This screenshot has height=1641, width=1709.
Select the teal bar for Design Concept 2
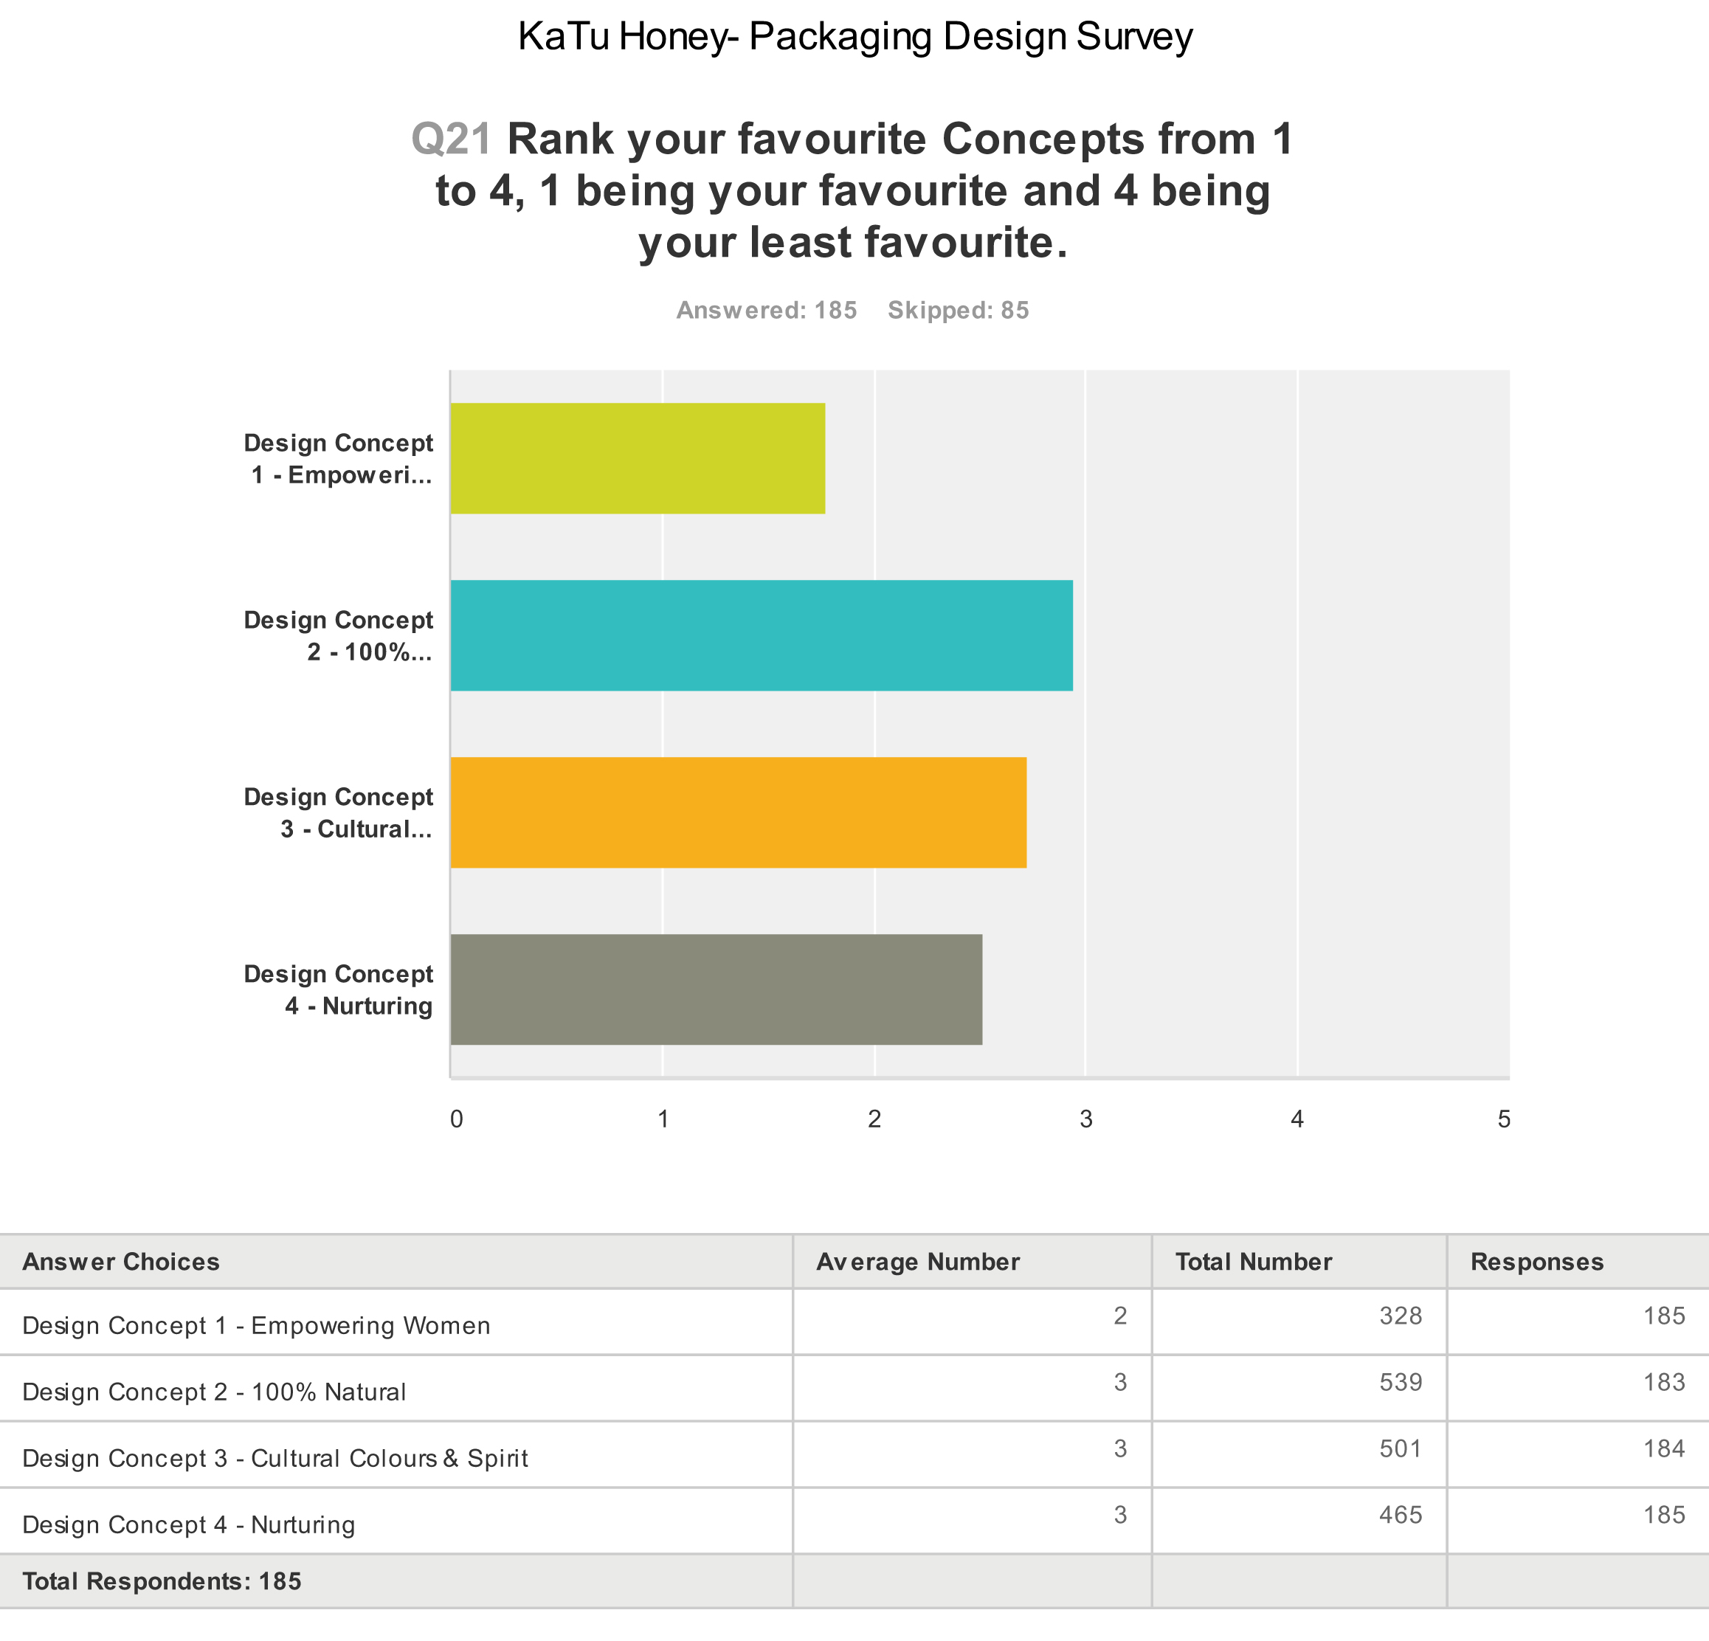point(762,635)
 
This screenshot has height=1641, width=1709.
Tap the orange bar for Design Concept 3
point(738,812)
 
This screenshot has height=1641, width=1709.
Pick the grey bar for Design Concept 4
point(716,989)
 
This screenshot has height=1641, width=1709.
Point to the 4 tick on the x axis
point(1297,1119)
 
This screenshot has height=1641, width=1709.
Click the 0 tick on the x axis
point(456,1119)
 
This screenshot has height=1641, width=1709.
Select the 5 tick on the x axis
point(1504,1119)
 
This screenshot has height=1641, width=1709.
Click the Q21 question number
point(452,139)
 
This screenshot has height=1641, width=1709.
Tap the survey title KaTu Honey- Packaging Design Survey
point(854,37)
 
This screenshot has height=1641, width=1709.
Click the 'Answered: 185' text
point(767,311)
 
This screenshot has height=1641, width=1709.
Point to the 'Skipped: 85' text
point(959,311)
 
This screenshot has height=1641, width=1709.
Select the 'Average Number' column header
point(917,1262)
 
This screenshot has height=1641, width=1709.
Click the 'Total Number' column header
point(1253,1262)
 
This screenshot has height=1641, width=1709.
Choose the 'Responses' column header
point(1536,1262)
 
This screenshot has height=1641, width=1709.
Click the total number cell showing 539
point(1401,1382)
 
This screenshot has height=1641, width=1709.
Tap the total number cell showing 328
point(1401,1316)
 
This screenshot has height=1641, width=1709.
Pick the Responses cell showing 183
point(1664,1382)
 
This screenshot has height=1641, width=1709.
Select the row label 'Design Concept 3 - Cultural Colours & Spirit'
point(275,1459)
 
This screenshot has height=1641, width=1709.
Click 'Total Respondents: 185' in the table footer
point(162,1580)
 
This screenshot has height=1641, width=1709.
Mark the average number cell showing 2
point(1119,1316)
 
